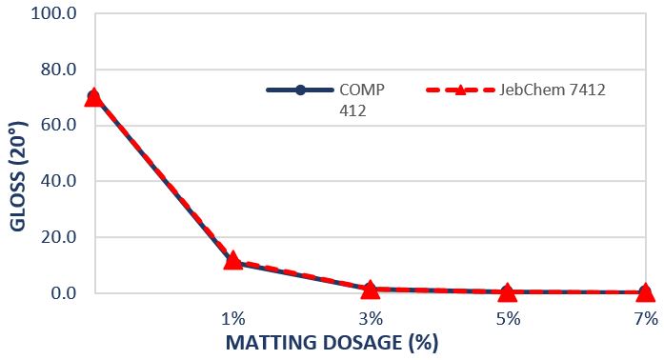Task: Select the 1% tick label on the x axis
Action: point(232,318)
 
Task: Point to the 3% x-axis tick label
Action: point(371,318)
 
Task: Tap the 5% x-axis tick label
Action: point(508,318)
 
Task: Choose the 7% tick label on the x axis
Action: point(645,318)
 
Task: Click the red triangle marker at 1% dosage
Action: point(232,259)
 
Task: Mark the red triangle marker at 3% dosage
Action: point(371,288)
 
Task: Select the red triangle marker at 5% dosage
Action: point(508,291)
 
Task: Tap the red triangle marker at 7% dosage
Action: point(645,291)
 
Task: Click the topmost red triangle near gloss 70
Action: point(93,96)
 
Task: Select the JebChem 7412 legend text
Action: point(553,90)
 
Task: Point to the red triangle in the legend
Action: point(459,90)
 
